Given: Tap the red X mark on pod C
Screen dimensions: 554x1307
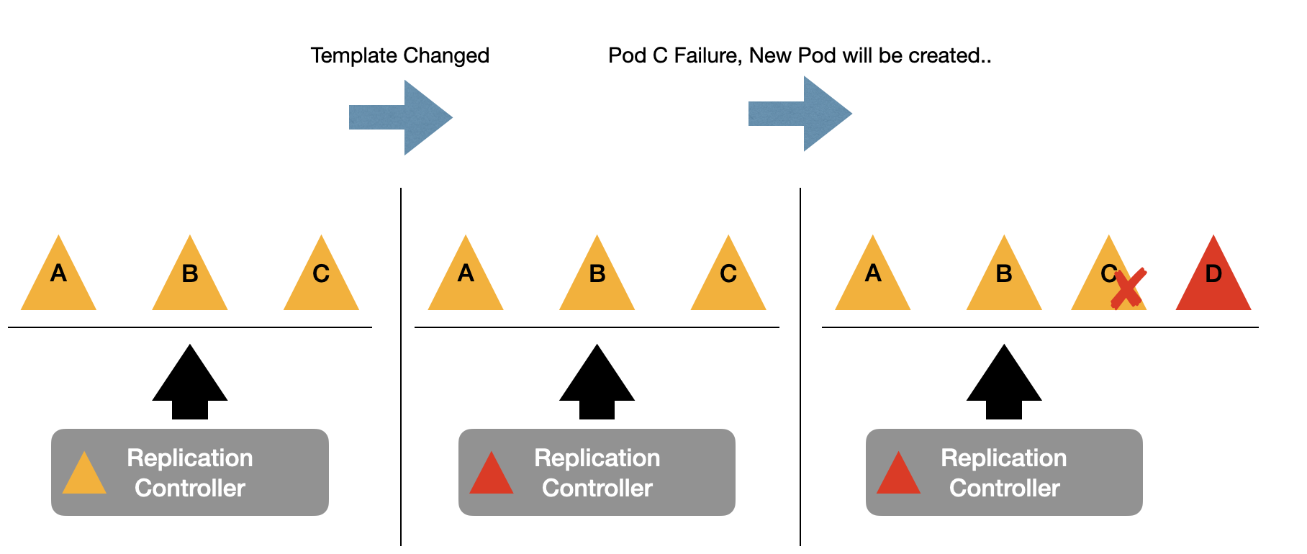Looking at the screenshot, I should tap(1128, 289).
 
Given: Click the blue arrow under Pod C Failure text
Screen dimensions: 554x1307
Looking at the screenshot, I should tap(800, 114).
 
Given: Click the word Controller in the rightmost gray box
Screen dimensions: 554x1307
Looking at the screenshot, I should tap(1004, 489).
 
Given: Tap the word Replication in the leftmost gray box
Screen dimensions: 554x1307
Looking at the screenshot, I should tap(190, 458).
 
